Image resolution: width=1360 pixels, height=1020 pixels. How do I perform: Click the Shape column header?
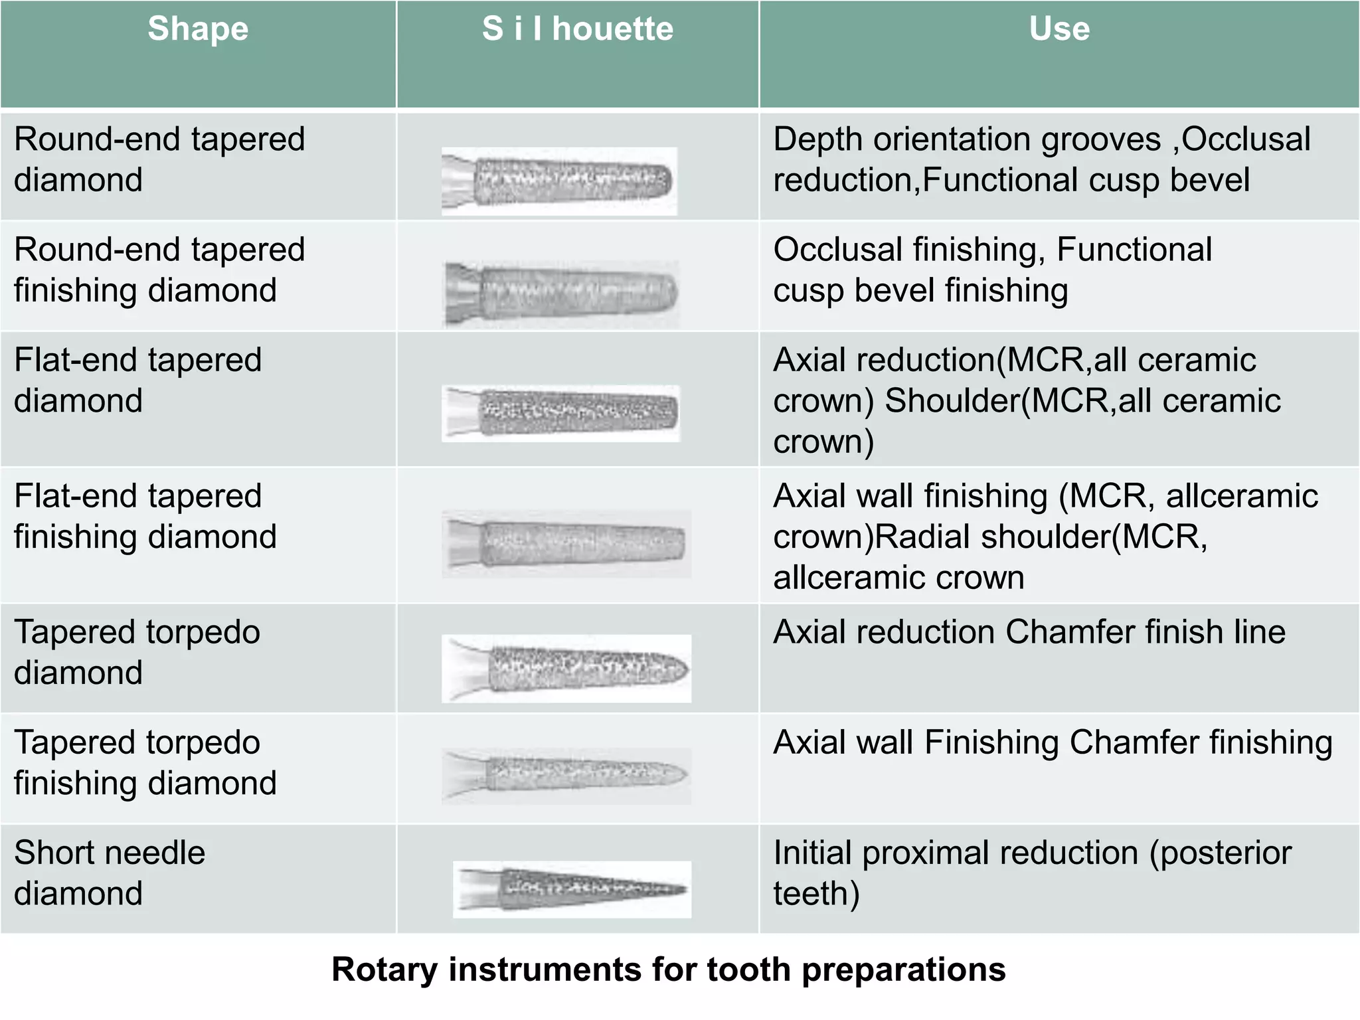[x=198, y=30]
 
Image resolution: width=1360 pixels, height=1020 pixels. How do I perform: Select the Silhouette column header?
[x=577, y=30]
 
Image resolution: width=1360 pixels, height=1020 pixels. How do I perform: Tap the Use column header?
[x=1059, y=30]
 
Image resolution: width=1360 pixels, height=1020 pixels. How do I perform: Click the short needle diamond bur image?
[x=572, y=889]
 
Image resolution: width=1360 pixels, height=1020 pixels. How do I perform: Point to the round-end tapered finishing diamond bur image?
[x=562, y=293]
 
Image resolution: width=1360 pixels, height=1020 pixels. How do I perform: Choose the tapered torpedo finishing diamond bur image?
[x=566, y=775]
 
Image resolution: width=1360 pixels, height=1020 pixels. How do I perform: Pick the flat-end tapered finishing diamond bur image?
[x=566, y=543]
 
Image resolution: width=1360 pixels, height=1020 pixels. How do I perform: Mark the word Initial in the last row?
[x=812, y=853]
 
